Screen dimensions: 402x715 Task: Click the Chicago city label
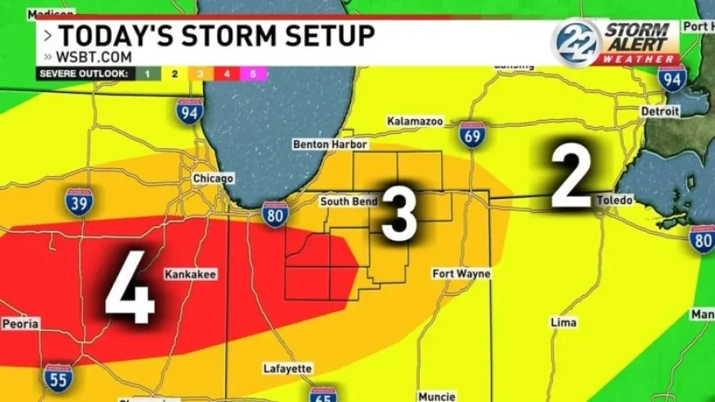[213, 178]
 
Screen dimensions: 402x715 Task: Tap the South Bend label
[348, 201]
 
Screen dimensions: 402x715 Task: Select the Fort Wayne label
[462, 274]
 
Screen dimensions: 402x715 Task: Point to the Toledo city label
[614, 201]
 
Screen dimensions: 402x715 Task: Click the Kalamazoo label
[415, 122]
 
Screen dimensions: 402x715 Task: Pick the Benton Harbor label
[324, 145]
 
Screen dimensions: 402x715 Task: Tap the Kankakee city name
[191, 274]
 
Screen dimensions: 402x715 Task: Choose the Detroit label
[660, 111]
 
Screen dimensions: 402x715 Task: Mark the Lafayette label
[288, 368]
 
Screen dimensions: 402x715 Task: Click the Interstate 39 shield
[80, 201]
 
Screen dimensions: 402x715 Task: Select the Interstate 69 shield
[472, 134]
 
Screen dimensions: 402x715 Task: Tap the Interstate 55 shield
[58, 377]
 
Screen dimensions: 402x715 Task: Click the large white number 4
[130, 289]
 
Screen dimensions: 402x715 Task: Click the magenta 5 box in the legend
[253, 74]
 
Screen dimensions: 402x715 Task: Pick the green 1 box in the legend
[148, 74]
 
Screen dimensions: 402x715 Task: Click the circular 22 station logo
[576, 41]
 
